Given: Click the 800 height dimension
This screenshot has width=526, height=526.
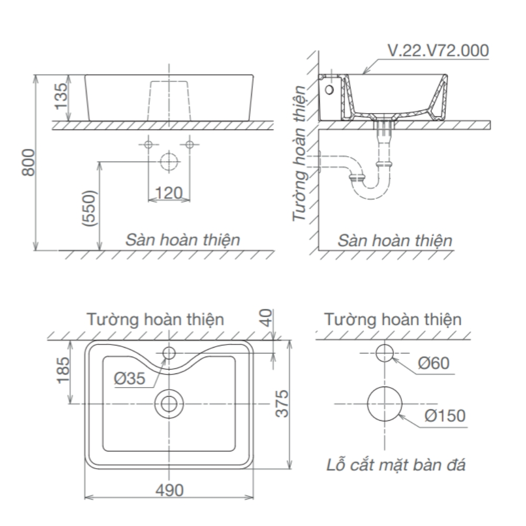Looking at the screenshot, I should [28, 163].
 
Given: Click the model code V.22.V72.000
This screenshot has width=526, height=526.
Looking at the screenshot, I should [438, 50].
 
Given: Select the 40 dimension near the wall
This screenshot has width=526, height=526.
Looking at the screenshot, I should [267, 318].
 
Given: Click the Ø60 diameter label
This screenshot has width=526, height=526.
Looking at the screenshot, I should [434, 363].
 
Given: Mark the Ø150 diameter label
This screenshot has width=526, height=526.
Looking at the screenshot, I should [445, 416].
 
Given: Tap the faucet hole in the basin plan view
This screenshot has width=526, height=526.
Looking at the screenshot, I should [169, 352].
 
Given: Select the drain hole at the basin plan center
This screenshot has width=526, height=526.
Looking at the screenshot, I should [169, 403].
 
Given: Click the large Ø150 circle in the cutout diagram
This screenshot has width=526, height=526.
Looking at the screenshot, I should [385, 403].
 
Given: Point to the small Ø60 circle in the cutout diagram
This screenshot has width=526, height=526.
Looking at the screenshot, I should [385, 353].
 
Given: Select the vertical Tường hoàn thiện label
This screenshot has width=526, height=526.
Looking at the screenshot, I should [300, 153].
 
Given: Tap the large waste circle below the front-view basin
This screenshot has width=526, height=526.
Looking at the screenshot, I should [168, 161].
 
